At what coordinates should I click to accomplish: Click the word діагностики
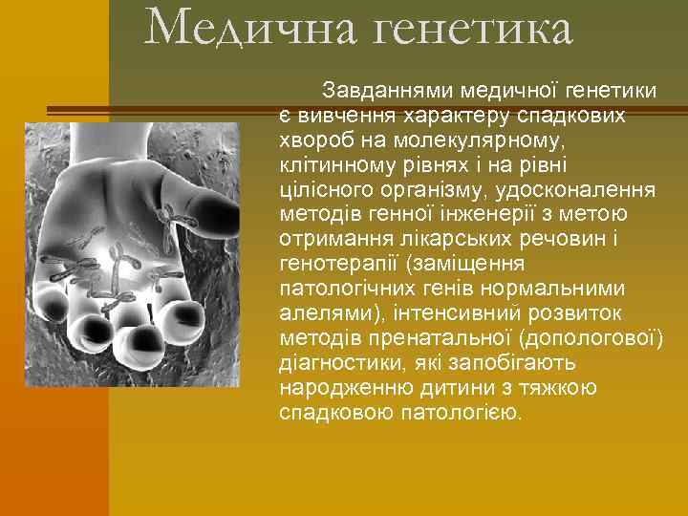[x=333, y=364]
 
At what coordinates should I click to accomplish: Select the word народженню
[x=334, y=389]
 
